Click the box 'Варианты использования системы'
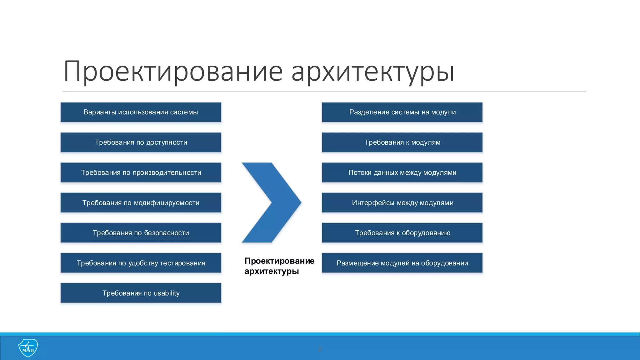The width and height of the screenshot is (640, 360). pyautogui.click(x=141, y=112)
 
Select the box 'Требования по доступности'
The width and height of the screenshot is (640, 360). pyautogui.click(x=141, y=142)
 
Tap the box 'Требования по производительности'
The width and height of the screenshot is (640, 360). pyautogui.click(x=141, y=172)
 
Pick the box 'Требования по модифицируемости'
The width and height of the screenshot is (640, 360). pyautogui.click(x=141, y=203)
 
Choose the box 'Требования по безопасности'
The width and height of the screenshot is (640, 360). pyautogui.click(x=141, y=233)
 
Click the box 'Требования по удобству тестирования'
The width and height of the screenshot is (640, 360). pyautogui.click(x=141, y=263)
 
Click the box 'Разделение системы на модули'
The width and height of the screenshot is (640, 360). pyautogui.click(x=402, y=112)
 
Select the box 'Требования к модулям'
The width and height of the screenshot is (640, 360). pyautogui.click(x=402, y=142)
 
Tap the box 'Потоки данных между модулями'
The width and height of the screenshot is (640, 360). pyautogui.click(x=402, y=172)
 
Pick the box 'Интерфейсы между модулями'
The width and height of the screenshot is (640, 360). pyautogui.click(x=402, y=203)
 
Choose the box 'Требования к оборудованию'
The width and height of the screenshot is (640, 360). pyautogui.click(x=402, y=233)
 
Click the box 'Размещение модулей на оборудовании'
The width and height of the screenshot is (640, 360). pyautogui.click(x=402, y=263)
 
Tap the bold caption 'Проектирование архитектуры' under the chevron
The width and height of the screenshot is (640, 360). pyautogui.click(x=279, y=266)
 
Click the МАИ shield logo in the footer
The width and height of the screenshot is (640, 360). pyautogui.click(x=28, y=348)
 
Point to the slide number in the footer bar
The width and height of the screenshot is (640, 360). pyautogui.click(x=320, y=349)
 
